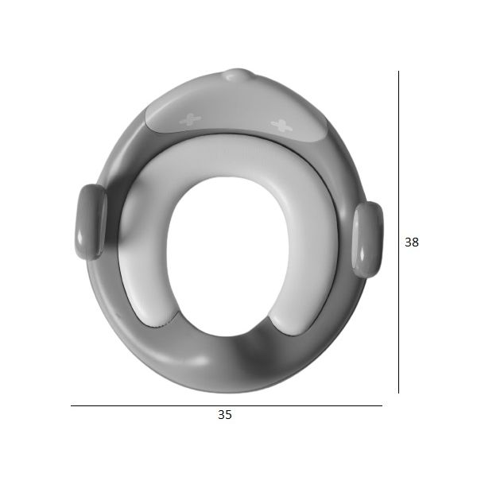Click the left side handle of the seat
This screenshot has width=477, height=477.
click(x=91, y=222)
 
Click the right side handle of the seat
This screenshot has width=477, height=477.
click(x=367, y=239)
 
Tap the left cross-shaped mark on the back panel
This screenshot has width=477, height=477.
click(x=190, y=119)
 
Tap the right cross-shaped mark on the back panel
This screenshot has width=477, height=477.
click(x=281, y=125)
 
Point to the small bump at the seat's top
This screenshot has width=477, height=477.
click(x=237, y=75)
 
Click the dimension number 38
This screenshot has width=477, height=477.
click(x=412, y=242)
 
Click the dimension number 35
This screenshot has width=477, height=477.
click(x=225, y=415)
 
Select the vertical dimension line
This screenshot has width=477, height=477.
click(x=398, y=232)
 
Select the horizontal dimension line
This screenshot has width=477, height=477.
click(x=227, y=405)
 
